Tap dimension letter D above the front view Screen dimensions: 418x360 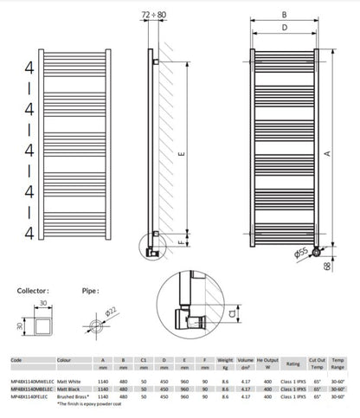[x=283, y=29]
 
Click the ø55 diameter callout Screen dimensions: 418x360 [x=300, y=253]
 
